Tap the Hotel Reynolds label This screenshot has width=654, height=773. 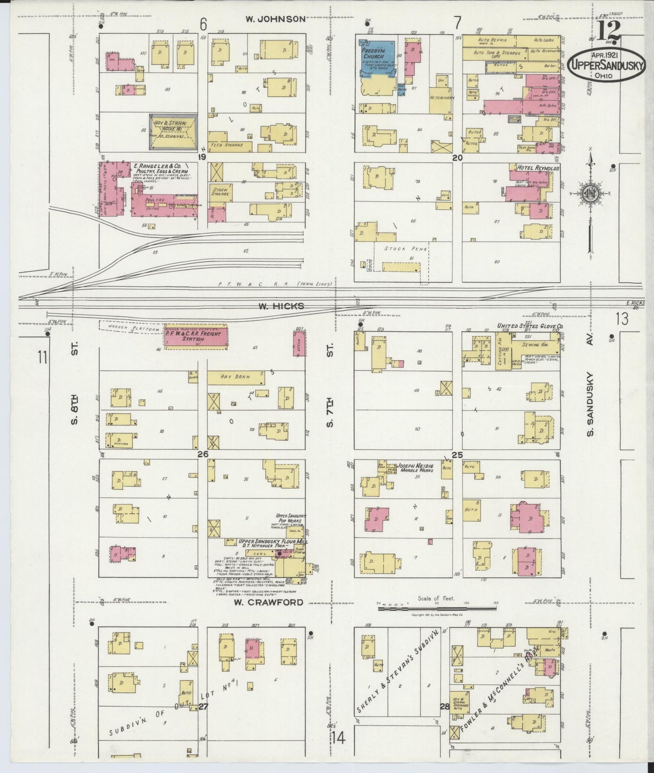click(x=535, y=168)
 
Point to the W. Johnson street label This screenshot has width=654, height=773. click(x=275, y=19)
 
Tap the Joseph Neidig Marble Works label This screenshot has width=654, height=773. click(x=415, y=468)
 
